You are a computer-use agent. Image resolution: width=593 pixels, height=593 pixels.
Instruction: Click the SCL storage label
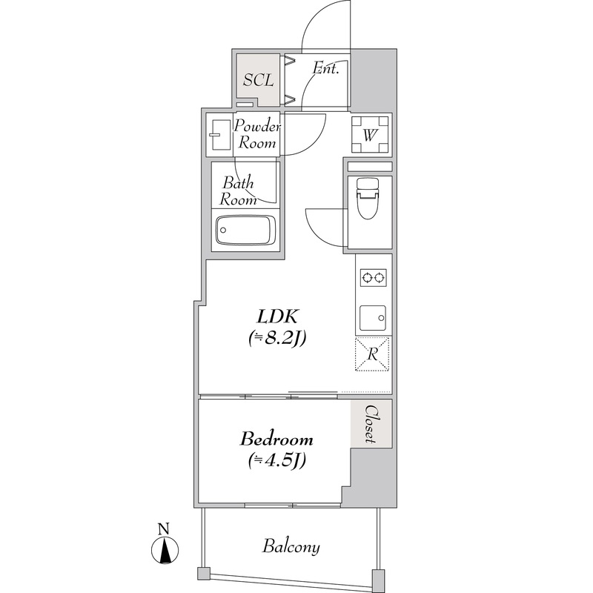(258, 80)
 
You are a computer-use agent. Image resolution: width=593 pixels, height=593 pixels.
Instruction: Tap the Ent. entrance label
(325, 68)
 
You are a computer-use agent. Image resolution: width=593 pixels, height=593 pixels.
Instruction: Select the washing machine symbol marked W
(370, 135)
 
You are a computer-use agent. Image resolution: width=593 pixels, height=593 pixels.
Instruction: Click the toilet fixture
(368, 198)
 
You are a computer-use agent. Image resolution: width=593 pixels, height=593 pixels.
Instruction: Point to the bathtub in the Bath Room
(245, 230)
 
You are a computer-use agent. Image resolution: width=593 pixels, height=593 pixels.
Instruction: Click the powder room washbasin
(219, 135)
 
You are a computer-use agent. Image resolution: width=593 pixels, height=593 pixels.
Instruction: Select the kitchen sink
(373, 318)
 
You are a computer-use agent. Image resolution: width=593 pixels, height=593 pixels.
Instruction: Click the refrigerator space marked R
(373, 354)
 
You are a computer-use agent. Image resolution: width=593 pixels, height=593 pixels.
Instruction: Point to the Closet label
(371, 424)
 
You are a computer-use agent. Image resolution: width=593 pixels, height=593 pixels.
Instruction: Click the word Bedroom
(276, 440)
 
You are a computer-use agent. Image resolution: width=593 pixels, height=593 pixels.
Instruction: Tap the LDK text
(278, 317)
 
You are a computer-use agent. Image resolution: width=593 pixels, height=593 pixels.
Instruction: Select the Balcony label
(291, 547)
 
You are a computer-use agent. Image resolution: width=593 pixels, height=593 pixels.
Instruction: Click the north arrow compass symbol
(165, 550)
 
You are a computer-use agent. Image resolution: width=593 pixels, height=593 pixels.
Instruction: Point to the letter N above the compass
(163, 529)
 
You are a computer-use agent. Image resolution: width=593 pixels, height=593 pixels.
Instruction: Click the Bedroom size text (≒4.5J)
(276, 460)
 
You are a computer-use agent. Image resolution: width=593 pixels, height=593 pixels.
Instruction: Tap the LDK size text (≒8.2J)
(276, 338)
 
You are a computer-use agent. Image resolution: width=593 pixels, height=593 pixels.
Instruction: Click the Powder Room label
(256, 134)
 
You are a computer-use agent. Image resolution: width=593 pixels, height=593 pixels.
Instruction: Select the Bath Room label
(238, 191)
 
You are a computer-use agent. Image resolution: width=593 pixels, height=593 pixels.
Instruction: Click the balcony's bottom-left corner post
(205, 572)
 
